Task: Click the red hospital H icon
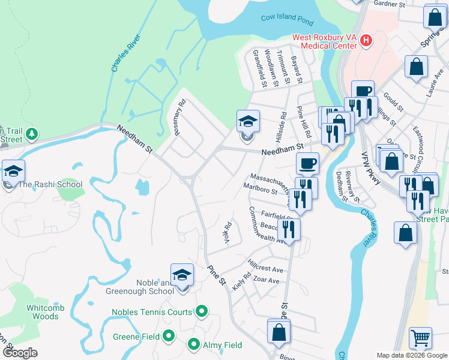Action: pyautogui.click(x=366, y=41)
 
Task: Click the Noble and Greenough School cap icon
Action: pyautogui.click(x=182, y=276)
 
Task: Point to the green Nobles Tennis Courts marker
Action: pyautogui.click(x=202, y=311)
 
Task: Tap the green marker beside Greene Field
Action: pyautogui.click(x=169, y=336)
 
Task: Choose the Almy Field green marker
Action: pyautogui.click(x=194, y=344)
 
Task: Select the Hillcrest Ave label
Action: pyautogui.click(x=265, y=266)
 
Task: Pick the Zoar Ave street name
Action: pyautogui.click(x=266, y=280)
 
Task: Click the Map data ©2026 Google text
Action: pyautogui.click(x=412, y=355)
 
